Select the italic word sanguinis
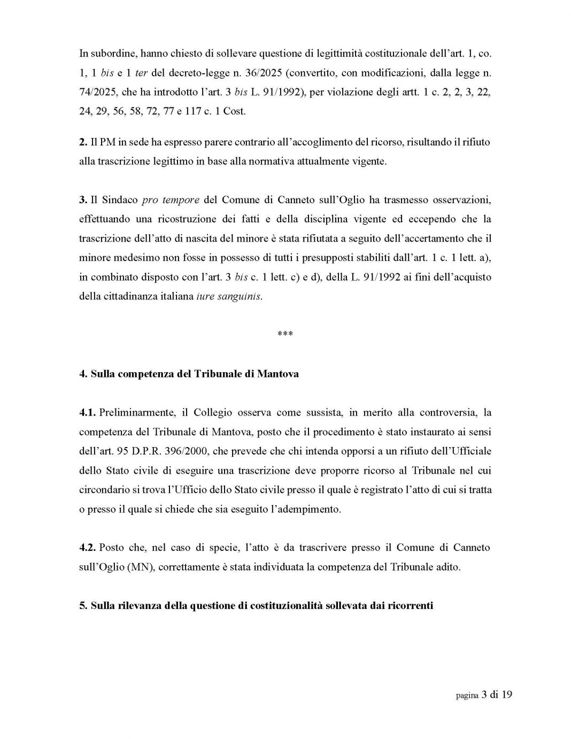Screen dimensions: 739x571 (243, 297)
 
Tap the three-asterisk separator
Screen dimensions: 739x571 (285, 335)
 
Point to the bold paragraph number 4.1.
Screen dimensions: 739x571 (88, 413)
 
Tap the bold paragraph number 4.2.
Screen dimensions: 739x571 (88, 548)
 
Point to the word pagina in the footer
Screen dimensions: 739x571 (467, 696)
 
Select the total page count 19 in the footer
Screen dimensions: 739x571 (506, 695)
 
